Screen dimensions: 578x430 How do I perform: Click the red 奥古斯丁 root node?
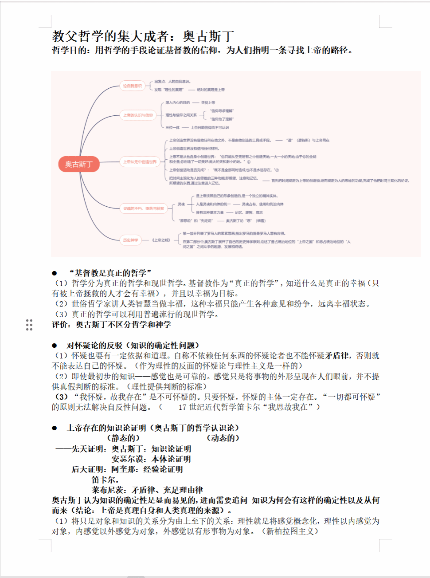pos(78,164)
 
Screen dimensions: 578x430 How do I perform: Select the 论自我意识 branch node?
pos(132,86)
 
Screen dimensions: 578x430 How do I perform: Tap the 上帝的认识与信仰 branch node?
pos(138,115)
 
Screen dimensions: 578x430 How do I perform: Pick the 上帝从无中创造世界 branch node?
pos(140,162)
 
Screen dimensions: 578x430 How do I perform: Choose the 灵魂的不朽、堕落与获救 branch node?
pos(143,208)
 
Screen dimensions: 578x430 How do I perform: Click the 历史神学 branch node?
pos(131,240)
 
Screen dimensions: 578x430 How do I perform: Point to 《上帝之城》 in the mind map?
pos(161,240)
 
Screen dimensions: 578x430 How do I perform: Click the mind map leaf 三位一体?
pos(172,127)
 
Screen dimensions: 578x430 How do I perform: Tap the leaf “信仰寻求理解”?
pos(222,111)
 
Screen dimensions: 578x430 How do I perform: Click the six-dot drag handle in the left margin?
pos(29,325)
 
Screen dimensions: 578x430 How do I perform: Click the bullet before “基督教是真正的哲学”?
pos(55,273)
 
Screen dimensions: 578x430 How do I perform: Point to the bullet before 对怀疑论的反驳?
pos(55,346)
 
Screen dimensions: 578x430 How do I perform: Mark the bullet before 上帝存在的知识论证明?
pos(55,428)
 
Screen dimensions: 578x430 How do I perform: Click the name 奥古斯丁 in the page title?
pos(208,36)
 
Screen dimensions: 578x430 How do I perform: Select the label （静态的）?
pos(123,438)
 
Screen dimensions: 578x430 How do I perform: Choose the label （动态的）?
pos(223,438)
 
